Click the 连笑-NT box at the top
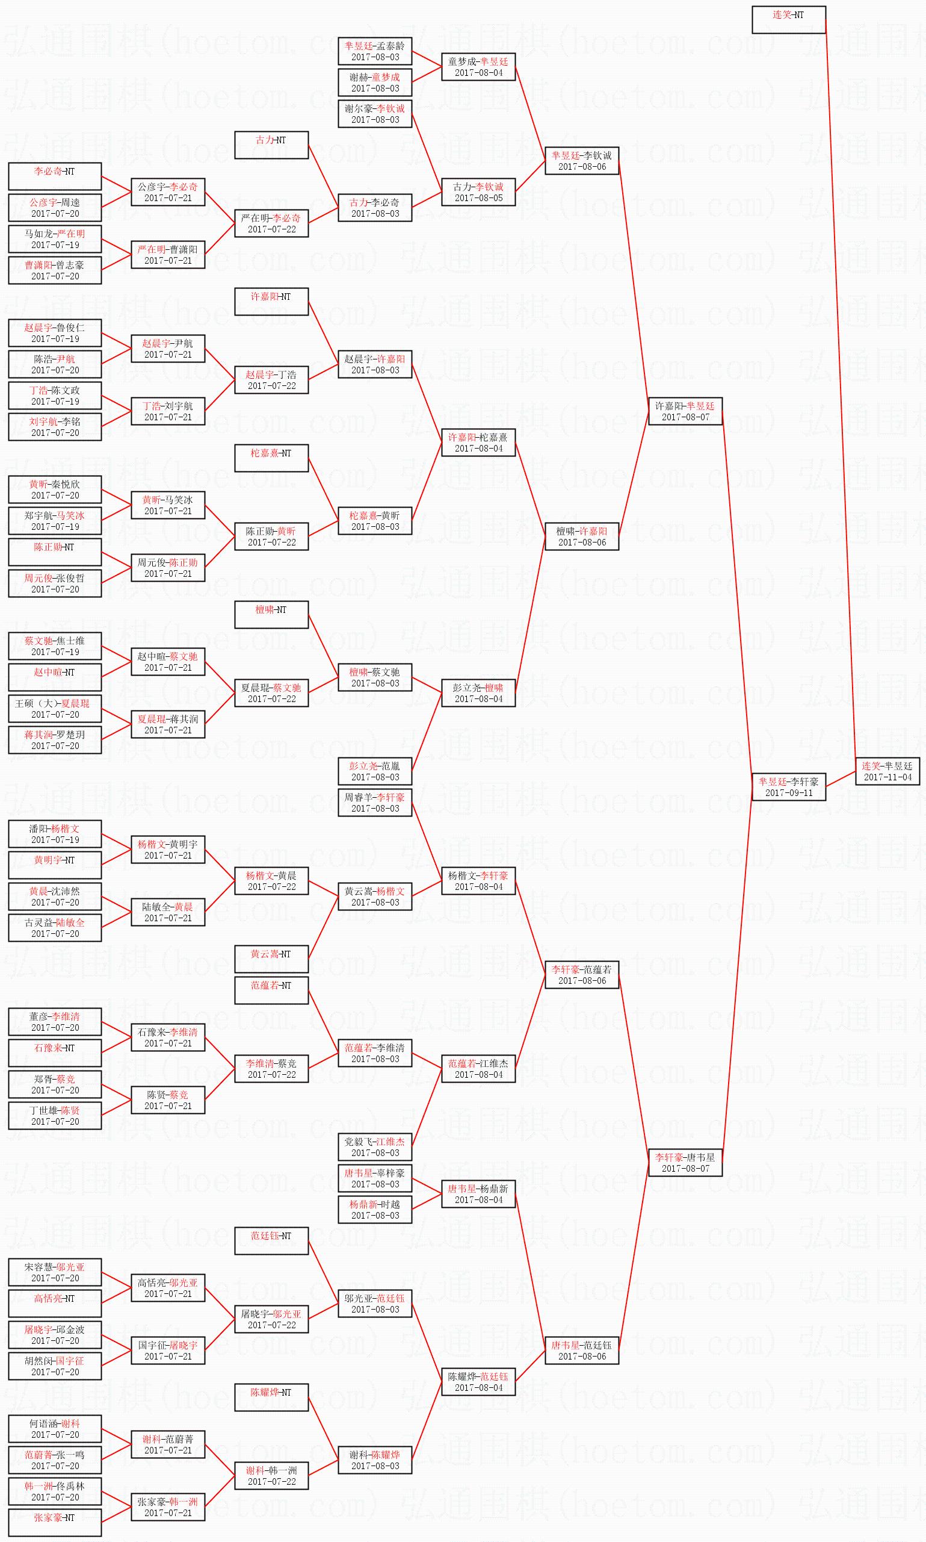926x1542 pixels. (x=789, y=20)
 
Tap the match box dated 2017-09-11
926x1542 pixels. (x=789, y=787)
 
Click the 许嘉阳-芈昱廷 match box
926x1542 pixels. (x=685, y=411)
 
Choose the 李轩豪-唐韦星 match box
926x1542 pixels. (x=685, y=1163)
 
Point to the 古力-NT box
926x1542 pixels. (x=271, y=146)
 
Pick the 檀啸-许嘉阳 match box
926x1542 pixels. (x=582, y=537)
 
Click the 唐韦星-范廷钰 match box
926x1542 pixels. (x=582, y=1351)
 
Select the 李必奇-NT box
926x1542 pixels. (x=55, y=176)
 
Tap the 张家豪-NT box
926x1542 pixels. (x=55, y=1523)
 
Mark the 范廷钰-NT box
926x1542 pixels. (x=271, y=1240)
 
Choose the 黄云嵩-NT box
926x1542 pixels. (x=271, y=959)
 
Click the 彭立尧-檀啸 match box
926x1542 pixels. (x=478, y=693)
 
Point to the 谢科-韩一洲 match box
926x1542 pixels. (x=271, y=1476)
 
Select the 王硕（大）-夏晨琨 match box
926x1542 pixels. (x=55, y=709)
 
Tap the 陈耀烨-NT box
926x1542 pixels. (x=271, y=1397)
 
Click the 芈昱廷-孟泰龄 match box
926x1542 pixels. (x=375, y=51)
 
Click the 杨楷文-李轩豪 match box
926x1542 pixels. (x=478, y=881)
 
